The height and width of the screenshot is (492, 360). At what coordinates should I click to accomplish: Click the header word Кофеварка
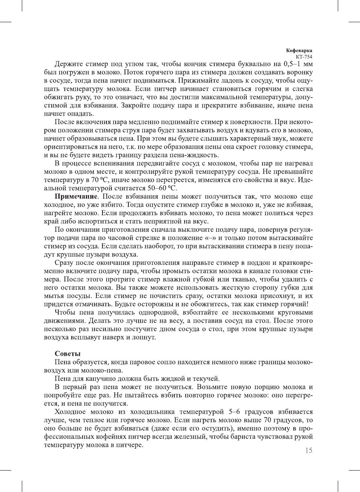click(299, 50)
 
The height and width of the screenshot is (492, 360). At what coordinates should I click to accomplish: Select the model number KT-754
click(304, 57)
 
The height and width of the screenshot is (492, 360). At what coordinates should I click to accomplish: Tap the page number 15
click(308, 451)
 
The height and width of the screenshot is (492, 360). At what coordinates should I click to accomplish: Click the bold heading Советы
click(68, 354)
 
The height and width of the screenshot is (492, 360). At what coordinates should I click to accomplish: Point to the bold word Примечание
click(76, 196)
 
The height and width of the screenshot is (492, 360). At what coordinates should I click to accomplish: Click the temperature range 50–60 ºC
click(162, 188)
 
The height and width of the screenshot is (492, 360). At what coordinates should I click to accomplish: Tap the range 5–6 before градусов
click(234, 412)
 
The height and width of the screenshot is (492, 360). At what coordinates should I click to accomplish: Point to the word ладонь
click(223, 80)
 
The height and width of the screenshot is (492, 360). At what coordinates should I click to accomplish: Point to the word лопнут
click(143, 337)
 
